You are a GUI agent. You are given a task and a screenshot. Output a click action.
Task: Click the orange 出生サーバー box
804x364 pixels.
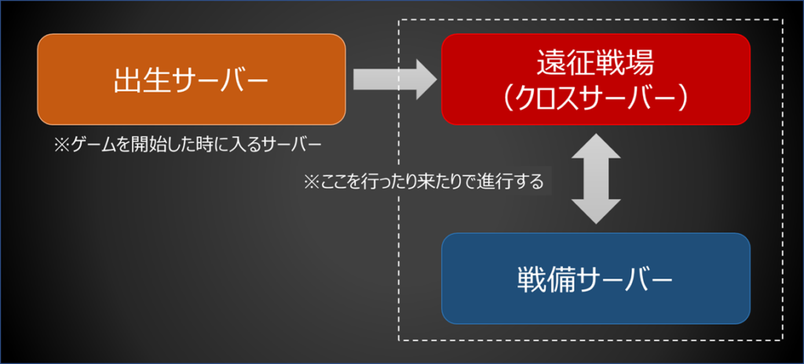point(192,79)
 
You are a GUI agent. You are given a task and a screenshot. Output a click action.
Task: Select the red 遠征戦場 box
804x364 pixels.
point(596,79)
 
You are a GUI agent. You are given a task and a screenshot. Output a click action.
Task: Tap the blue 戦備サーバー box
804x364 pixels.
point(596,278)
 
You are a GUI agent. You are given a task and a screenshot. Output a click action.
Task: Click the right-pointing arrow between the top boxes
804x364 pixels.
point(395,79)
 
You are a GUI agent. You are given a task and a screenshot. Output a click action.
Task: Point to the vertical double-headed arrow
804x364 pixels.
point(596,178)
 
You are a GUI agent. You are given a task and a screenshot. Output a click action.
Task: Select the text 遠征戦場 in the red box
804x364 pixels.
point(596,64)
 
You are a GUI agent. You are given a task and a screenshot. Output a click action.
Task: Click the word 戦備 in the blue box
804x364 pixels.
point(539,280)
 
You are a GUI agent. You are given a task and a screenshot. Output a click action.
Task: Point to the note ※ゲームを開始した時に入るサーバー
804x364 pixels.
point(188,145)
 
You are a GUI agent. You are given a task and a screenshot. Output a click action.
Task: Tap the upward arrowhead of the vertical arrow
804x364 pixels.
point(596,146)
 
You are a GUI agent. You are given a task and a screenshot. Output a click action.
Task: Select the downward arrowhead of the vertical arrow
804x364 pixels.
point(596,212)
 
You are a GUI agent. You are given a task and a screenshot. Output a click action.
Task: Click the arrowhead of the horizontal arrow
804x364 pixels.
point(426,79)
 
